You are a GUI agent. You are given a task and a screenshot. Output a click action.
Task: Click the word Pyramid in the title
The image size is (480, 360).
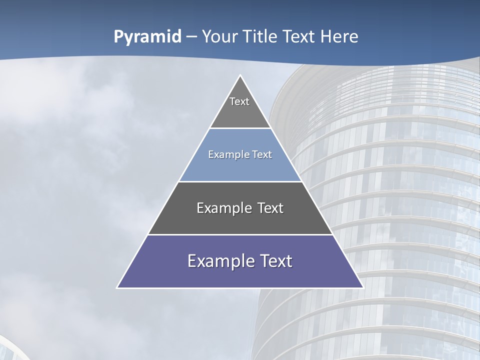pos(147,37)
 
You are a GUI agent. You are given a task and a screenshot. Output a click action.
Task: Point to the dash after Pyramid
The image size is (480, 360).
pos(191,37)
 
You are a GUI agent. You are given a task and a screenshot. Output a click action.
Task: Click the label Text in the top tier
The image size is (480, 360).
pos(239,101)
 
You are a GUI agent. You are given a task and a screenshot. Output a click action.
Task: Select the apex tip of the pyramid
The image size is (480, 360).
pos(240,76)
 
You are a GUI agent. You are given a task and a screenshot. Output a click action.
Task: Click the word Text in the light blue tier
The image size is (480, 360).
pos(262,154)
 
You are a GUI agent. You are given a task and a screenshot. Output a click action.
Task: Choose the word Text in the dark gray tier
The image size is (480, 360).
pos(270,208)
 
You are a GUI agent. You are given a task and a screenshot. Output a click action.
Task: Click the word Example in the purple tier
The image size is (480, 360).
pos(219,261)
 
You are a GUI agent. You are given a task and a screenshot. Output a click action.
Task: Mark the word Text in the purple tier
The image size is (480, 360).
pos(276,261)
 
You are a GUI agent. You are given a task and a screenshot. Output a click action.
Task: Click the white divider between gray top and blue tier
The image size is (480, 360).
pos(240,128)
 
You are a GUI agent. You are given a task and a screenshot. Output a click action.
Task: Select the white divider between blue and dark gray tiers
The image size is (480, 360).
pos(240,181)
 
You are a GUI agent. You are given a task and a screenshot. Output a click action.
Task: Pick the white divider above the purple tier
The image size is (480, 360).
pos(240,234)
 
